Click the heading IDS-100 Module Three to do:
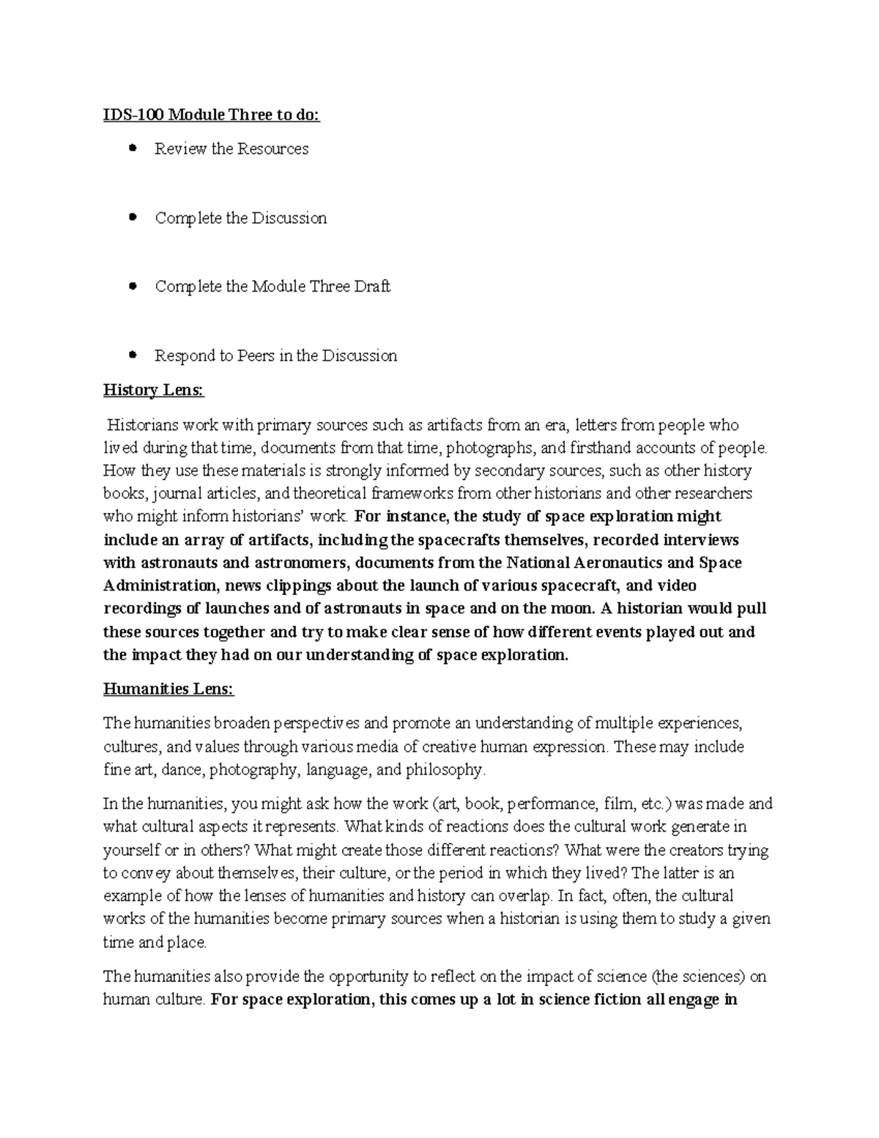click(212, 115)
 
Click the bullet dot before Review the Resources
click(133, 149)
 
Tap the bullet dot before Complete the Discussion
click(133, 218)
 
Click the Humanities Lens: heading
click(168, 689)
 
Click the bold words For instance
click(400, 517)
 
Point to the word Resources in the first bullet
click(272, 149)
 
